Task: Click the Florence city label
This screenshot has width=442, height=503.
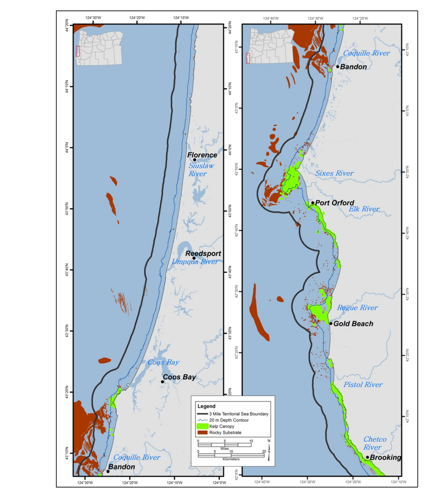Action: click(x=202, y=155)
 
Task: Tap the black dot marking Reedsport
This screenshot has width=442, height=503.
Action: click(x=194, y=258)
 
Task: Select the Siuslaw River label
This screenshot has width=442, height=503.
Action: click(x=201, y=170)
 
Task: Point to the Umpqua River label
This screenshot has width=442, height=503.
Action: click(x=195, y=262)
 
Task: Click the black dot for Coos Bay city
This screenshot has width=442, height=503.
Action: click(x=162, y=382)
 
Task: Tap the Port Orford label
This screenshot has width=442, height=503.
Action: click(x=335, y=203)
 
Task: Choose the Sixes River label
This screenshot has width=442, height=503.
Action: click(x=334, y=173)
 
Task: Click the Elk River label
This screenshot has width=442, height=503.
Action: click(x=364, y=209)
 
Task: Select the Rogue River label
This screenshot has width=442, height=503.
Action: click(x=357, y=307)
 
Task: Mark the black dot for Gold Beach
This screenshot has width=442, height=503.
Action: click(x=331, y=324)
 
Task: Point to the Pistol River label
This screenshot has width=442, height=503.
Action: click(x=363, y=384)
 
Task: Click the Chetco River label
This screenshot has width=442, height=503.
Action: click(x=375, y=443)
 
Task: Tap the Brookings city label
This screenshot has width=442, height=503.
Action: click(x=385, y=457)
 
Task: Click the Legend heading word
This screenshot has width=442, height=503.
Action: click(x=206, y=406)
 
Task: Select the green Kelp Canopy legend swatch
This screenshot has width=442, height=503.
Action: click(x=203, y=426)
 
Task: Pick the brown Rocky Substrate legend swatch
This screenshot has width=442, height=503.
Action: click(x=203, y=433)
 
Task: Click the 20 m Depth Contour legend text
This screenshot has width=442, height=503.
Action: click(x=229, y=420)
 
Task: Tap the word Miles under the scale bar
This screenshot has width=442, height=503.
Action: click(x=225, y=449)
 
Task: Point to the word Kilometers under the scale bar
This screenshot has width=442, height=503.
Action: click(x=231, y=459)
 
